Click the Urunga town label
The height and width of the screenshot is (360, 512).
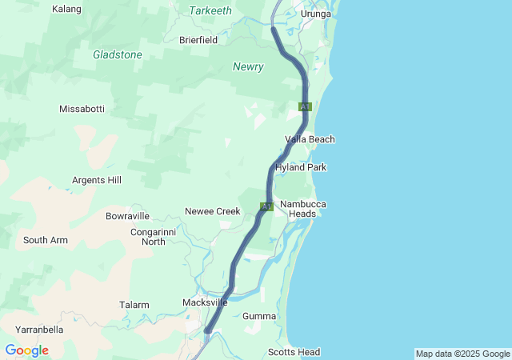(315, 14)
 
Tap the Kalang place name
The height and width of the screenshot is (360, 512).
(66, 10)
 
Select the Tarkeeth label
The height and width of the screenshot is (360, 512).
(210, 10)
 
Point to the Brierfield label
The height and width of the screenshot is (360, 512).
(198, 39)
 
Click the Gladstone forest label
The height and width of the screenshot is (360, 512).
(118, 55)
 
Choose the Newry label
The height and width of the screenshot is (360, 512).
(248, 67)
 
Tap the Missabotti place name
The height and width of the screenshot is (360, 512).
(82, 108)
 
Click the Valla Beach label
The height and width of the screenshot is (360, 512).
(310, 139)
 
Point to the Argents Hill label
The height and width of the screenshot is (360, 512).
(97, 180)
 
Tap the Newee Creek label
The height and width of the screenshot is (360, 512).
(213, 211)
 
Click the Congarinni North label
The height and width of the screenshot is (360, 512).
(148, 237)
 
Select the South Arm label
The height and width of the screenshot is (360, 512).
(46, 240)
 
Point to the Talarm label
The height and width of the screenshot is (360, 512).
(134, 305)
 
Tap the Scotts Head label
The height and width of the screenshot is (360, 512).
(294, 352)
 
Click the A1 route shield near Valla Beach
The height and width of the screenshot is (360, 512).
(305, 106)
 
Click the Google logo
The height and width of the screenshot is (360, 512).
(26, 350)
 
